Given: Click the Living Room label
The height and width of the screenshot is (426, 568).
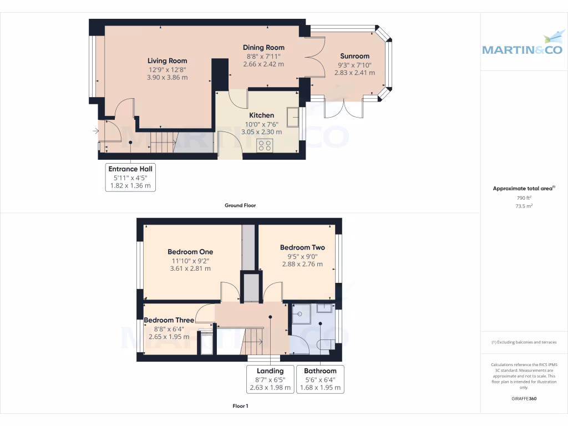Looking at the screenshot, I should point(167,61).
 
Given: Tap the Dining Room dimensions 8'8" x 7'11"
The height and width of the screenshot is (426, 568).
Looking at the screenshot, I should point(263,56).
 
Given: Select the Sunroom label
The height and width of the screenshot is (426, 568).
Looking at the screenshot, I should point(354,56).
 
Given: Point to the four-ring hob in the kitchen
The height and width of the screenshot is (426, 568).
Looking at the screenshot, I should point(265,145).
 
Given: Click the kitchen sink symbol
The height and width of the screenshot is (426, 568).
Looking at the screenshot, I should point(292,117).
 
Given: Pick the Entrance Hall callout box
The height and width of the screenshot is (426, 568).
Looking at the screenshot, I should point(130,177).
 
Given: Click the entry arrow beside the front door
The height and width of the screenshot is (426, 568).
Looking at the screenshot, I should point(96,131).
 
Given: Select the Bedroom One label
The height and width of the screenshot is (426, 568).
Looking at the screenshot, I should point(190,252).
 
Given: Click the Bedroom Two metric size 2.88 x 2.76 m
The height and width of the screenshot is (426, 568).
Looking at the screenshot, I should point(302,264).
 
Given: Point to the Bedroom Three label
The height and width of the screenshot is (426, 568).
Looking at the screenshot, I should point(169,320).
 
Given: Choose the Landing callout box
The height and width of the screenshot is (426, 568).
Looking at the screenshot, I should point(270,379).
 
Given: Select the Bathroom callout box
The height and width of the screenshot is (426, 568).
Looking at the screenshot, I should point(320,379).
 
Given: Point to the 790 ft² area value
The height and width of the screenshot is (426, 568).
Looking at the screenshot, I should point(524,197).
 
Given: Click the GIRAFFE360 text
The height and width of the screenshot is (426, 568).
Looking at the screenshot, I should point(524,398).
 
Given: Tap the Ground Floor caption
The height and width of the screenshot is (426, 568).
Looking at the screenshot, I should point(240,205).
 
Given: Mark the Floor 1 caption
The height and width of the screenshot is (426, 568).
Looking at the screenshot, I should point(240,406).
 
